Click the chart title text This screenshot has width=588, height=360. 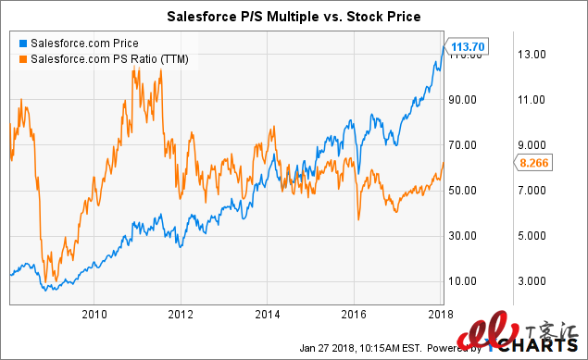click(293, 16)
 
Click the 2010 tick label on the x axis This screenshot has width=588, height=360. click(94, 315)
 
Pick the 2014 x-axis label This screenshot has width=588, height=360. click(267, 315)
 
